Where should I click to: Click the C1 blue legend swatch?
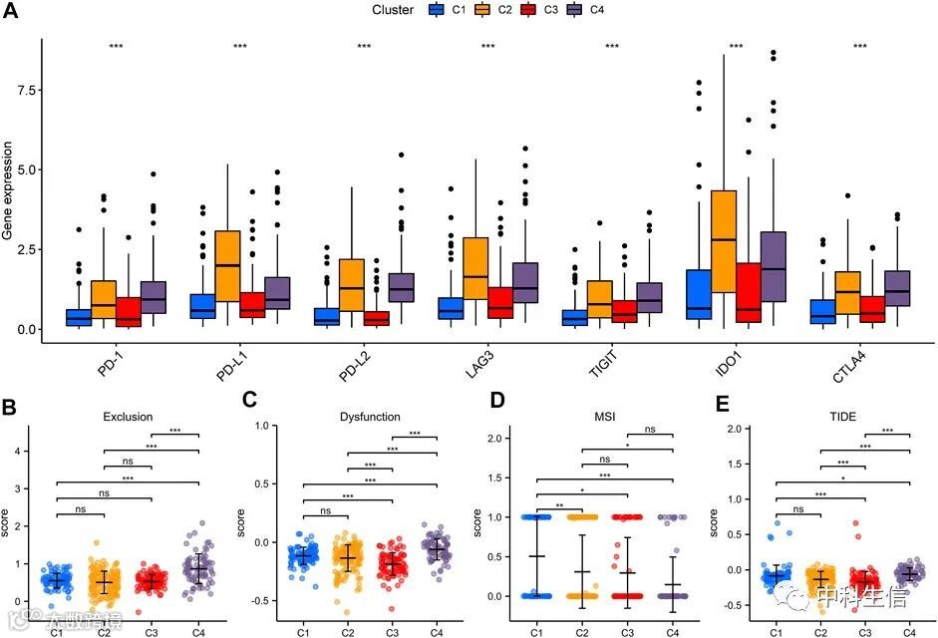point(436,10)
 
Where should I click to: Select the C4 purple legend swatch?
point(574,10)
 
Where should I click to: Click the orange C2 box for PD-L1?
point(227,266)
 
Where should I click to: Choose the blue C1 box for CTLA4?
point(823,311)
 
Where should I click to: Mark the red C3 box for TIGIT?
point(624,311)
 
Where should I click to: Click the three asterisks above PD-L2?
point(364,47)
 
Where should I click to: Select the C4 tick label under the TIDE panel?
point(907,631)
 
